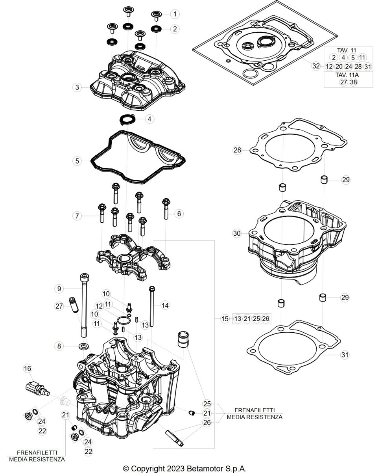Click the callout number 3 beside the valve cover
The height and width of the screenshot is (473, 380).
77,87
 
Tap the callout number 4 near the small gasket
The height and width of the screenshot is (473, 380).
149,119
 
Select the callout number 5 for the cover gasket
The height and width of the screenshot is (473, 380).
77,161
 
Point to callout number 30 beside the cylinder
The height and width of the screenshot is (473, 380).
237,233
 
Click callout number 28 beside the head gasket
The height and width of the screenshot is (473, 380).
237,150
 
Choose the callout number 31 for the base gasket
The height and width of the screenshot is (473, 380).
345,354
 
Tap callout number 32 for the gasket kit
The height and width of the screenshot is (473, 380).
316,66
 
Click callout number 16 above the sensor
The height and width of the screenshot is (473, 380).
28,369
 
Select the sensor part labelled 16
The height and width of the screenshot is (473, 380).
37,388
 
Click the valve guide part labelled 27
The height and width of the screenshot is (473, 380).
74,305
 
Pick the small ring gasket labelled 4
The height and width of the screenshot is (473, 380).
127,119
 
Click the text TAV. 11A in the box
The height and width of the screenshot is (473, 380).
347,75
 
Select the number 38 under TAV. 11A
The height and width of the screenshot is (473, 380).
354,82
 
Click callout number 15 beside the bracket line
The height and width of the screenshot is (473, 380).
225,318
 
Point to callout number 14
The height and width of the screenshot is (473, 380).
165,305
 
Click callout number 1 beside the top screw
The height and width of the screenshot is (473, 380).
175,14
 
